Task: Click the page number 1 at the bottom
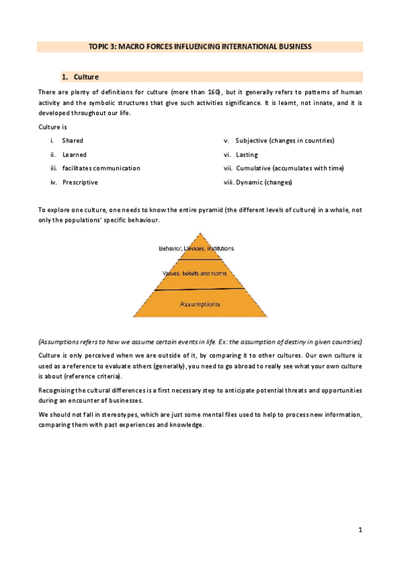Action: point(360,530)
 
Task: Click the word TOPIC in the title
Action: point(99,47)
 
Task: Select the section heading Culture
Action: point(86,77)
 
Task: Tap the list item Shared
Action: point(73,140)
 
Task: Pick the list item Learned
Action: point(74,154)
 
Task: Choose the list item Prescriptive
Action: point(80,182)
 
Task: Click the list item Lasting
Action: point(246,154)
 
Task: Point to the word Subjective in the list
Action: point(252,140)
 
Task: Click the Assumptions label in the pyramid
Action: point(200,304)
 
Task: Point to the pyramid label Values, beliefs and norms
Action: point(195,273)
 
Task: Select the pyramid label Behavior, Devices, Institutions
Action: point(196,248)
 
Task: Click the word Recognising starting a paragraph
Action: point(61,389)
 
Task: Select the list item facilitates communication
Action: point(101,168)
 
